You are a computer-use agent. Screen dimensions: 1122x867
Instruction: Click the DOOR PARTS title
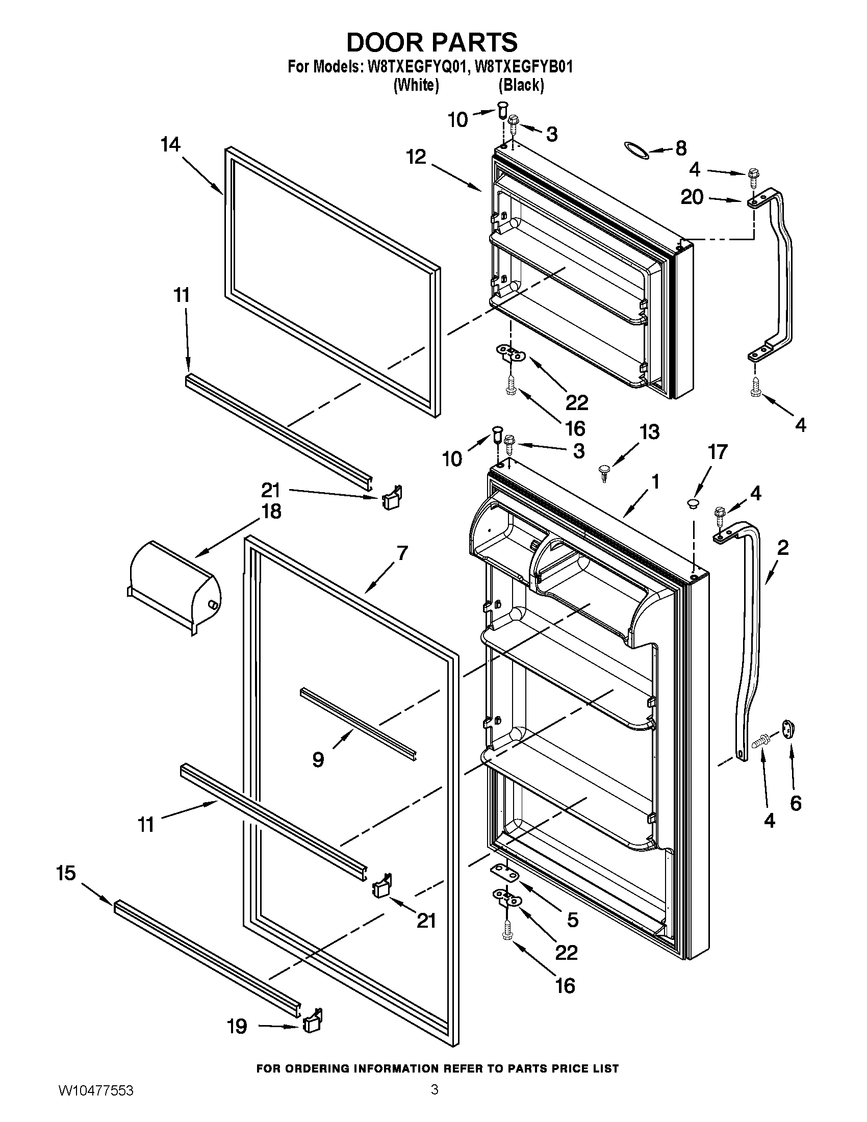tap(432, 42)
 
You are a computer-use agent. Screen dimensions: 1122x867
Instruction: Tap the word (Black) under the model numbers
tap(521, 85)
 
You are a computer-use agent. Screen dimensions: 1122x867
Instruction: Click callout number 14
tap(170, 145)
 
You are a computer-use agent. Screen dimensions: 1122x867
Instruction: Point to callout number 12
tap(416, 157)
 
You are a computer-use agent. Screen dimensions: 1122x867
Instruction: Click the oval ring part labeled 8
tap(635, 148)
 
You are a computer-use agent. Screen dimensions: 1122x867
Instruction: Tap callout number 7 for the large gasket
tap(402, 553)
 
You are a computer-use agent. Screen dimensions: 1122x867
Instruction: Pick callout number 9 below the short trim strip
tap(318, 759)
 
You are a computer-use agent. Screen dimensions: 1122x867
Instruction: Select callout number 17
tap(718, 452)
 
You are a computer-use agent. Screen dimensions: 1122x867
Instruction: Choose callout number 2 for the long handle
tap(782, 548)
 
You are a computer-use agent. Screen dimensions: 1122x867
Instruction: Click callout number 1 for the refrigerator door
tap(655, 482)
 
